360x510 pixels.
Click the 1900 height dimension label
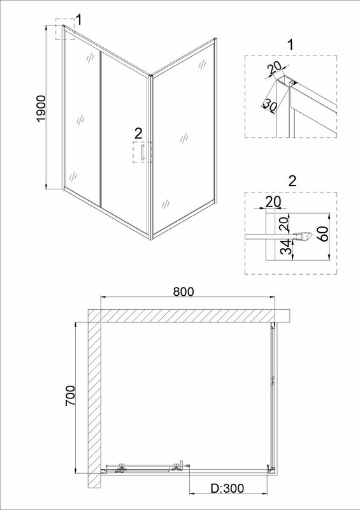[x=42, y=108]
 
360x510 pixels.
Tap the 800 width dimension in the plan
[x=183, y=291]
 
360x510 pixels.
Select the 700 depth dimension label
[x=71, y=395]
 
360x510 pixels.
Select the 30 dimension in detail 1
[x=270, y=105]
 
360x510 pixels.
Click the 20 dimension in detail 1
[x=274, y=69]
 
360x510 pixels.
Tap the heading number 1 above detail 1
[x=291, y=45]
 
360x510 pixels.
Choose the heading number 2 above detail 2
[x=292, y=182]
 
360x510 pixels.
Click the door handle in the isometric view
[x=142, y=152]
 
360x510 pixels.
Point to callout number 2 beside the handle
[x=138, y=133]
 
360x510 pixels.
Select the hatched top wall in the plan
[x=189, y=316]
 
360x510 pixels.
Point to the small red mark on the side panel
[x=273, y=380]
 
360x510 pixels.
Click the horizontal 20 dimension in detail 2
[x=273, y=201]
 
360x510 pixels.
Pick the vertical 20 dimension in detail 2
[x=284, y=224]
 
